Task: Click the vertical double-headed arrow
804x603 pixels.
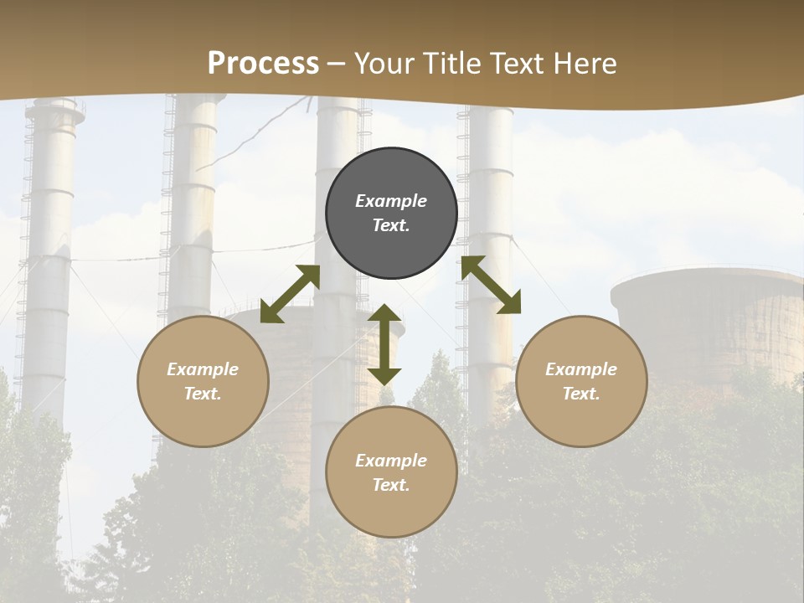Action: coord(384,344)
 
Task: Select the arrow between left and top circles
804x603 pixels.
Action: coord(290,294)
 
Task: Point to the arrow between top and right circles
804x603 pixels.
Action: coord(491,285)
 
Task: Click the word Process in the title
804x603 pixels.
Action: coord(263,63)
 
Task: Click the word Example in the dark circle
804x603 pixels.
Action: coord(391,201)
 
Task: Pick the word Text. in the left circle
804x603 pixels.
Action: coord(203,394)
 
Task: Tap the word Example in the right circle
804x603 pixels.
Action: coord(581,369)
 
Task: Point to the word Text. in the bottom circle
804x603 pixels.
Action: coord(391,485)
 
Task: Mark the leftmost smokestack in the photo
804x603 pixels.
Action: coord(49,251)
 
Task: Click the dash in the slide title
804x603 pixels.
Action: coord(337,64)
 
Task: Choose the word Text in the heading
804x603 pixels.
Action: coord(515,63)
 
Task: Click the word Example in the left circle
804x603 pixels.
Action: coord(203,369)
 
